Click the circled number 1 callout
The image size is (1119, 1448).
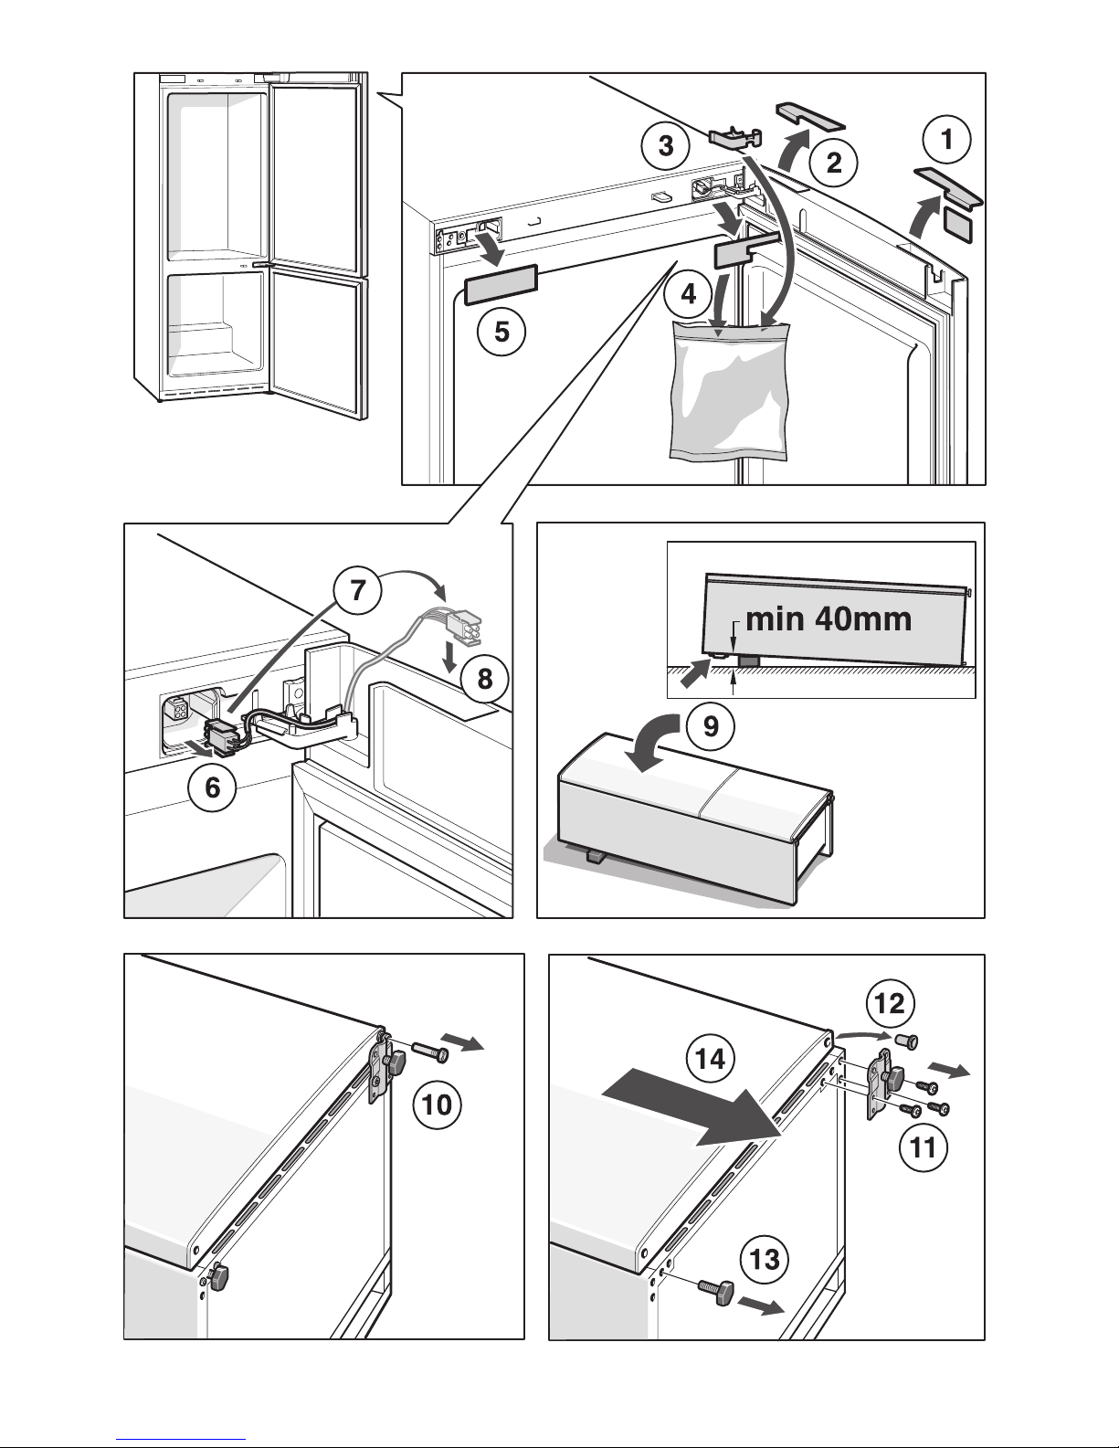[x=946, y=139]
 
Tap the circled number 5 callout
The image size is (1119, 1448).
[x=501, y=332]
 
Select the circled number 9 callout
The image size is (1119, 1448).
[x=711, y=725]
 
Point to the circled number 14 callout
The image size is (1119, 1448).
[x=711, y=1059]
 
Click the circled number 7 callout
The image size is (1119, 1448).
[x=358, y=590]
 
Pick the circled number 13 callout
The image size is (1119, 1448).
[x=765, y=1260]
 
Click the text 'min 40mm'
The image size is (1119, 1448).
[x=829, y=619]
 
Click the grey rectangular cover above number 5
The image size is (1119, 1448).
[x=501, y=284]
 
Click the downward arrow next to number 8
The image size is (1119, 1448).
[x=451, y=656]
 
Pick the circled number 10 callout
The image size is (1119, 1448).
[x=437, y=1105]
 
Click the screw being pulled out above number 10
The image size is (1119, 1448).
[x=430, y=1051]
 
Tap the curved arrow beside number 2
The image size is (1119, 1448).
[x=792, y=150]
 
